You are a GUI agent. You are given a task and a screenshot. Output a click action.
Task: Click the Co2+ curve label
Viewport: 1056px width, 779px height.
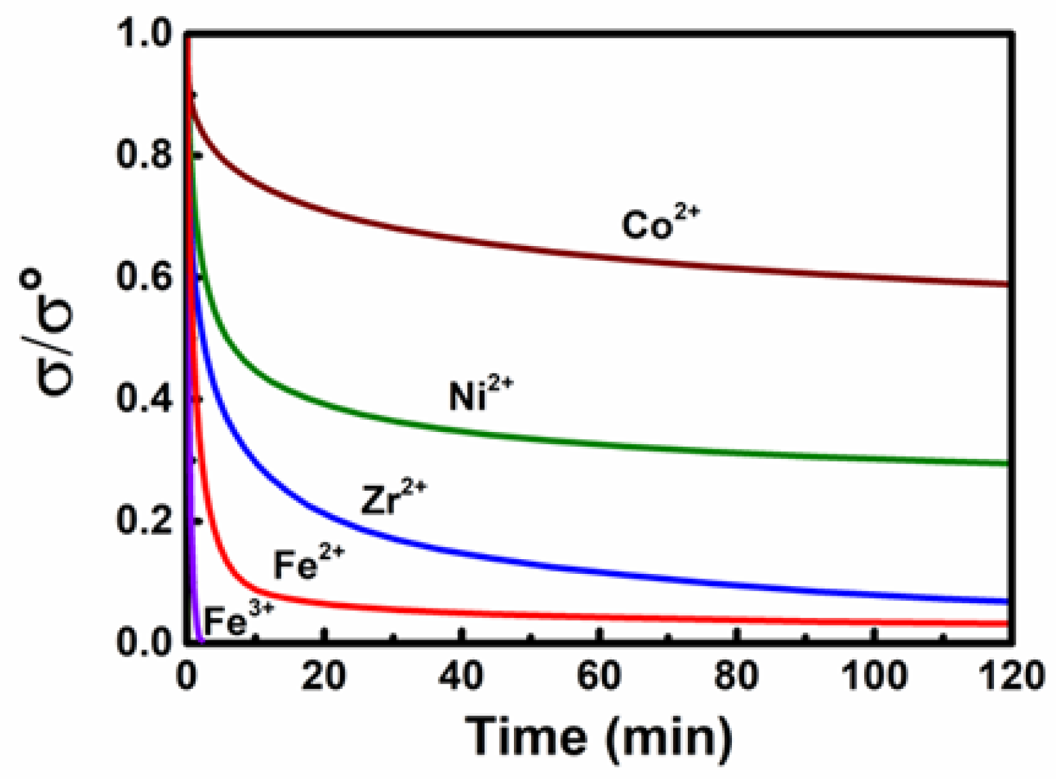pos(660,223)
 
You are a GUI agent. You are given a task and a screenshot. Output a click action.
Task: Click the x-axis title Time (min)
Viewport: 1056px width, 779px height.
pos(598,737)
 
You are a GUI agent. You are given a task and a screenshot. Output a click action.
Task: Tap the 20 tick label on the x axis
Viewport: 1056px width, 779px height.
pos(324,675)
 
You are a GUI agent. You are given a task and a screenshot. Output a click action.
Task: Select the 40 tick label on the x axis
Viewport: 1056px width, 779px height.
pos(462,675)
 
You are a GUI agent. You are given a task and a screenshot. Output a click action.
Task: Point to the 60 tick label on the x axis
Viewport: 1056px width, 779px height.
pos(599,675)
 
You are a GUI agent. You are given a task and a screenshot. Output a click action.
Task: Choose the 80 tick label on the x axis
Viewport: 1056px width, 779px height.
pos(736,675)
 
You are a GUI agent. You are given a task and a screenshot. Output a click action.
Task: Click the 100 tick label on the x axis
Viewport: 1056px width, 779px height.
pos(874,675)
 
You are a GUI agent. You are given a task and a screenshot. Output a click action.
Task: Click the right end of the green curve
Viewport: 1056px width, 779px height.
pos(1007,463)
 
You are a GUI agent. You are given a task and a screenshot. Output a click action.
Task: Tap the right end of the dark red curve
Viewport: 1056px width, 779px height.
pos(1007,284)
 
